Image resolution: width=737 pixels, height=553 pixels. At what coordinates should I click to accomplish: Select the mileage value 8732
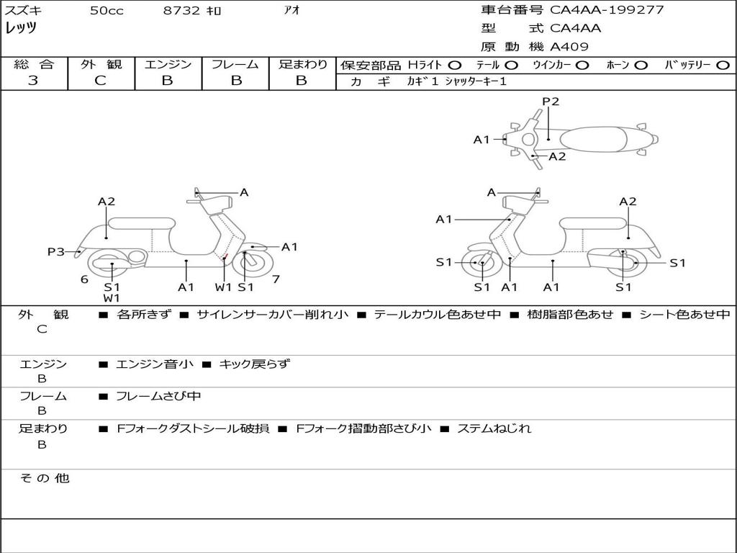[x=182, y=11]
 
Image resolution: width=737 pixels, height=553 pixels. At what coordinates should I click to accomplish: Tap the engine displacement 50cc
[x=106, y=11]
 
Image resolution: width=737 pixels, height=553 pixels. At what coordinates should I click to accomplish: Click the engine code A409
[x=569, y=47]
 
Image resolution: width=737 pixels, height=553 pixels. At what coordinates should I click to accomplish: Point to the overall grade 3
[x=33, y=81]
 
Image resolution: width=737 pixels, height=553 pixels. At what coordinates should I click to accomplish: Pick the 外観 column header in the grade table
[x=101, y=65]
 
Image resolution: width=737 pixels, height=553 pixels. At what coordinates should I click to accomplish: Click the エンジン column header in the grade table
[x=168, y=65]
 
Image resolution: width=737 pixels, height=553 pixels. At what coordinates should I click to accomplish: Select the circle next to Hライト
[x=455, y=65]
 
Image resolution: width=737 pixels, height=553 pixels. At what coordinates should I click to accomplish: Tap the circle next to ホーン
[x=641, y=65]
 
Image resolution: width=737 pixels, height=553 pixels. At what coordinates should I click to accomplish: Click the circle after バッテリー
[x=723, y=65]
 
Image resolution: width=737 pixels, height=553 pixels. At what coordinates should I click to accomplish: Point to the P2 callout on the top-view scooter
[x=551, y=102]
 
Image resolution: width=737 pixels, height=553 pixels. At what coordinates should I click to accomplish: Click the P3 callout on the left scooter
[x=56, y=251]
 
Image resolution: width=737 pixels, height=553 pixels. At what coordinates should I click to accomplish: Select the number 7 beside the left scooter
[x=276, y=279]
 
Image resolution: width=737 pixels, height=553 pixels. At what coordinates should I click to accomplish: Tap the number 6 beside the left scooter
[x=84, y=279]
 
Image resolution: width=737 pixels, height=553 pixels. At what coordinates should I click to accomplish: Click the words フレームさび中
[x=158, y=396]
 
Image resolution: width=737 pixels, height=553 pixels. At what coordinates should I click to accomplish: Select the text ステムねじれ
[x=494, y=428]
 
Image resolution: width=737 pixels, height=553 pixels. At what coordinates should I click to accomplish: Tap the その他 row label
[x=44, y=478]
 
